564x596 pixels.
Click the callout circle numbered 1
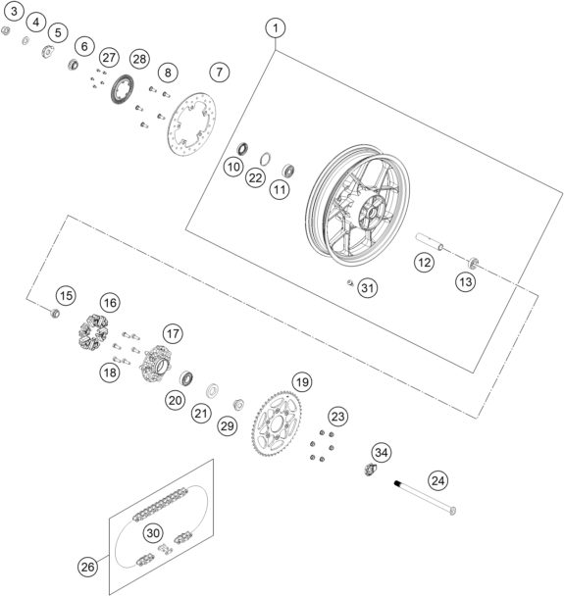tap(276, 28)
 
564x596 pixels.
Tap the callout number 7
tap(220, 72)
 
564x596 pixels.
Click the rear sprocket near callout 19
tap(277, 423)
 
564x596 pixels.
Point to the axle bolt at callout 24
tap(425, 498)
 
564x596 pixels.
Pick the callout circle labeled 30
tap(153, 533)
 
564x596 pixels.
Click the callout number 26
tap(87, 568)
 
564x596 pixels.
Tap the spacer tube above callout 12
tap(430, 242)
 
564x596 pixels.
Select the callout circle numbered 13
tap(466, 281)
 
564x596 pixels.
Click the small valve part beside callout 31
tap(350, 282)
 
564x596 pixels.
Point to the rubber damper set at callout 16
tap(93, 332)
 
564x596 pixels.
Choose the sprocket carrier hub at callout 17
tap(156, 364)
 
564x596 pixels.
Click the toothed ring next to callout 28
tap(122, 89)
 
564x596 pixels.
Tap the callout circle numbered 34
tap(382, 452)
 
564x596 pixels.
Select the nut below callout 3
tap(5, 30)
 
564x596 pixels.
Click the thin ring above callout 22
tap(266, 159)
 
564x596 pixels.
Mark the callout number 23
tap(337, 417)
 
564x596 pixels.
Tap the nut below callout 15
tap(55, 314)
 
